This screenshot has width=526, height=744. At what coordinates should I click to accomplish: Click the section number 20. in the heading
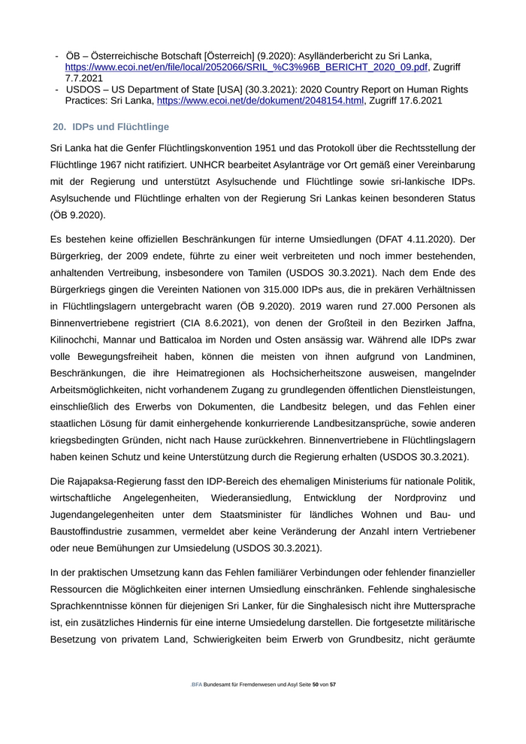(x=60, y=127)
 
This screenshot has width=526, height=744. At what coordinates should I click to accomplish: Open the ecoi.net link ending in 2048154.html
(x=260, y=101)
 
